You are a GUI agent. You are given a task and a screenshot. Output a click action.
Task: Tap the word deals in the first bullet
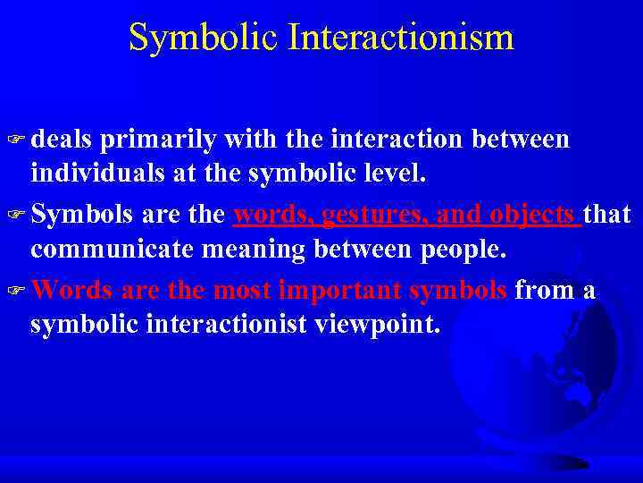(62, 140)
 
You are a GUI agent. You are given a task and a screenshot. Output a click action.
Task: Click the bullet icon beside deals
(17, 140)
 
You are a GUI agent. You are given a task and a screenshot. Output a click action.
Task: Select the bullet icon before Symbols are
(17, 216)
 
